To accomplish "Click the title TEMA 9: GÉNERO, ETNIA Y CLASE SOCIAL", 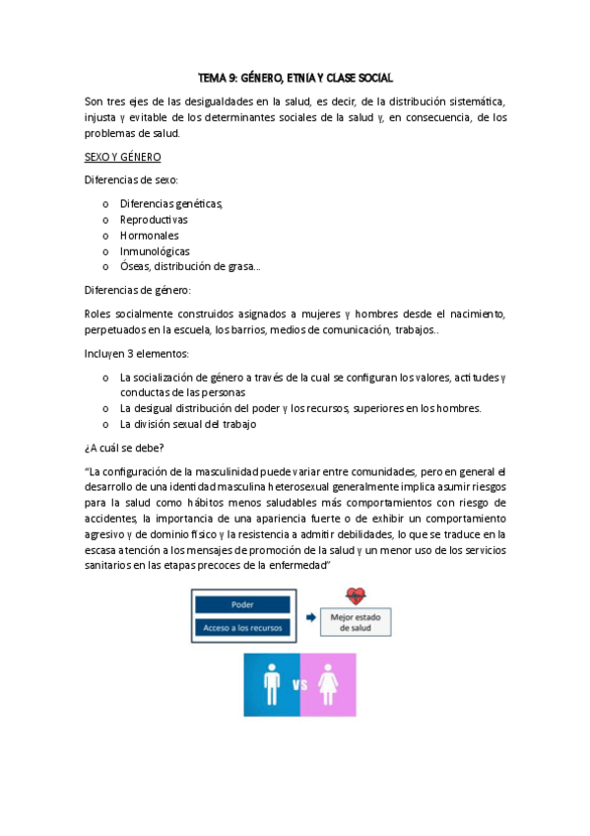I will [x=295, y=77].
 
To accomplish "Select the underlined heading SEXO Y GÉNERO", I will [x=122, y=157].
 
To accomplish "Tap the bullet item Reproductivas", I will [x=154, y=219].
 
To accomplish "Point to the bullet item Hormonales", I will [x=150, y=235].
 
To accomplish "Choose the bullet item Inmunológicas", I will [x=155, y=250].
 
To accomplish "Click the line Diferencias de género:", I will [x=138, y=290].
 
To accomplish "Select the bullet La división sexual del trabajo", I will [x=187, y=424].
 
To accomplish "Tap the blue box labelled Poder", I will [x=242, y=604].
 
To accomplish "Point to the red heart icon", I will [x=355, y=597].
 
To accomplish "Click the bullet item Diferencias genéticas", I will [x=171, y=203].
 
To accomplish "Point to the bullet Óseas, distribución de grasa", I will [x=190, y=266].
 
